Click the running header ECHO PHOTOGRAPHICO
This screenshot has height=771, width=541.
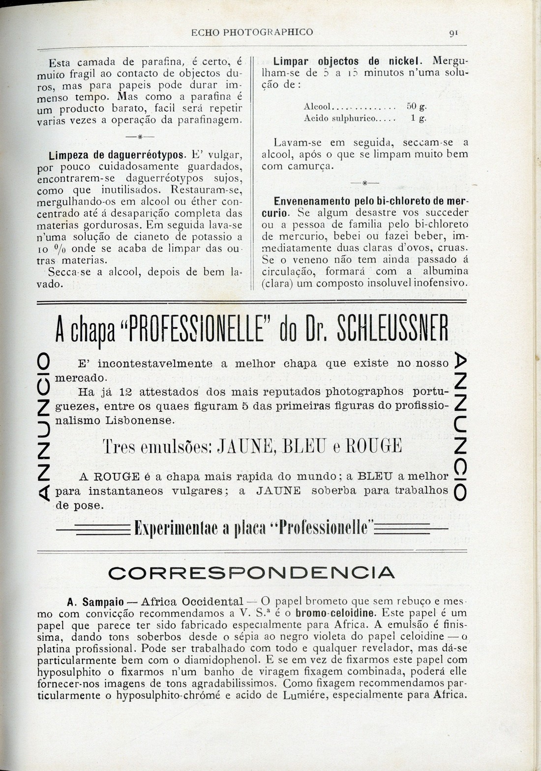pos(252,32)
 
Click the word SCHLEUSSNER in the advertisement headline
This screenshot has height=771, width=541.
pos(392,334)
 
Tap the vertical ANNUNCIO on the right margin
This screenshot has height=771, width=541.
pos(458,426)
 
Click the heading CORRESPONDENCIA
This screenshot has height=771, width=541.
pos(251,572)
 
